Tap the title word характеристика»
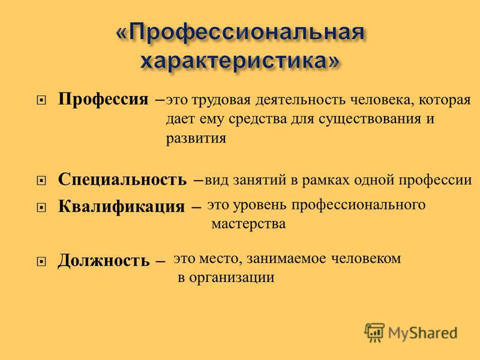tap(240, 61)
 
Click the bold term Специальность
tap(122, 179)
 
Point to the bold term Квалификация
tap(122, 206)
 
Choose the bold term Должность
tap(103, 261)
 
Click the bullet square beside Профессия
tap(41, 100)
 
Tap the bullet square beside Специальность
tap(41, 181)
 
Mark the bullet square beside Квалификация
tap(41, 208)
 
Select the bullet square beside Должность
tap(41, 262)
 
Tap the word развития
tap(196, 139)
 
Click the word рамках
tap(325, 181)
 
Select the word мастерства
tap(248, 224)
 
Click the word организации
tap(232, 278)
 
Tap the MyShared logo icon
tap(374, 332)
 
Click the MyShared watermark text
tap(423, 333)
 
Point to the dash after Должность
tap(160, 262)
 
